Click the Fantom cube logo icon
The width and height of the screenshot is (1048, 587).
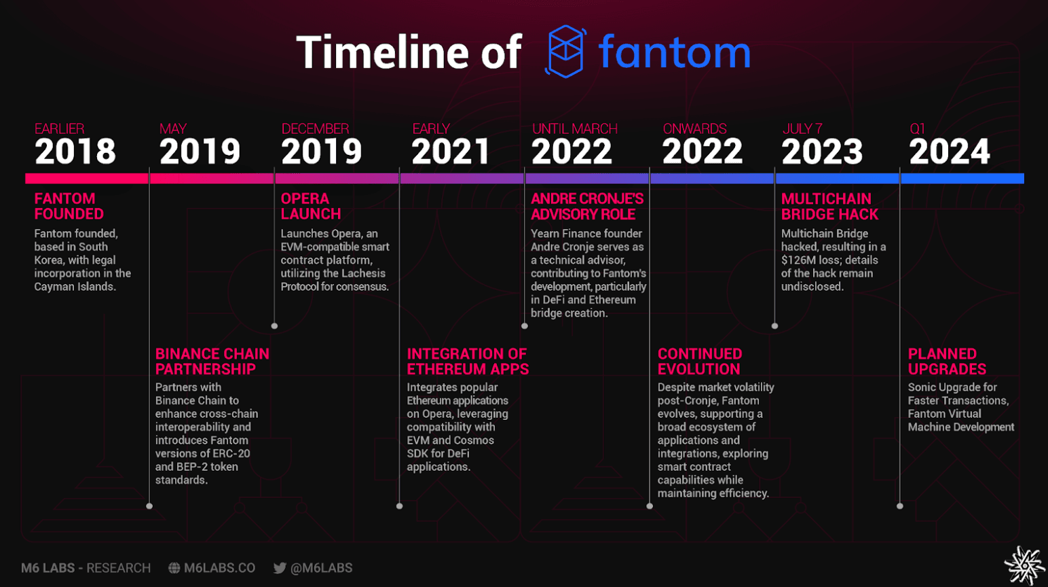[x=565, y=51]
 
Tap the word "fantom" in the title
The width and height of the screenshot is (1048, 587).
[x=675, y=52]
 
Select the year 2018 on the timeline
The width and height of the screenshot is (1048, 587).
[x=75, y=152]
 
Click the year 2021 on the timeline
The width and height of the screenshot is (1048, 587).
[x=450, y=152]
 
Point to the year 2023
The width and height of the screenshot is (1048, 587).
[x=822, y=152]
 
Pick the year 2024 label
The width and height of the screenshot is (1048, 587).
[x=950, y=152]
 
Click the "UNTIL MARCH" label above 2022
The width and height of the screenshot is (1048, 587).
[x=574, y=128]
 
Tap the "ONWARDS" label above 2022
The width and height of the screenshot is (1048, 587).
[x=695, y=128]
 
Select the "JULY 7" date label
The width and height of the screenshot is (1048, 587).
[x=802, y=128]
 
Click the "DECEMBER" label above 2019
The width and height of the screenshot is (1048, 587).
[x=316, y=128]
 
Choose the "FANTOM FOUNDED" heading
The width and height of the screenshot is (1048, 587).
[x=69, y=206]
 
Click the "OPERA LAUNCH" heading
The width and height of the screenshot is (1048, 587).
[x=311, y=206]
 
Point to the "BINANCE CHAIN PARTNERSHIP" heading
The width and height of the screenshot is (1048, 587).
[x=212, y=361]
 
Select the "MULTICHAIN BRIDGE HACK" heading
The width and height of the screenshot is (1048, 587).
[x=829, y=206]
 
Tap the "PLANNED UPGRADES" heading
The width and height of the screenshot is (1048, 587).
[x=947, y=361]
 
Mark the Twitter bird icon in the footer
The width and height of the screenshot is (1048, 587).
[x=280, y=568]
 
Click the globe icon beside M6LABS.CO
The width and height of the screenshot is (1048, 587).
[x=174, y=568]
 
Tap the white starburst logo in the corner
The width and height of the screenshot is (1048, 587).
[x=1024, y=565]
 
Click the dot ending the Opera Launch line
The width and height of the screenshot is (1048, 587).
[x=275, y=326]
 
